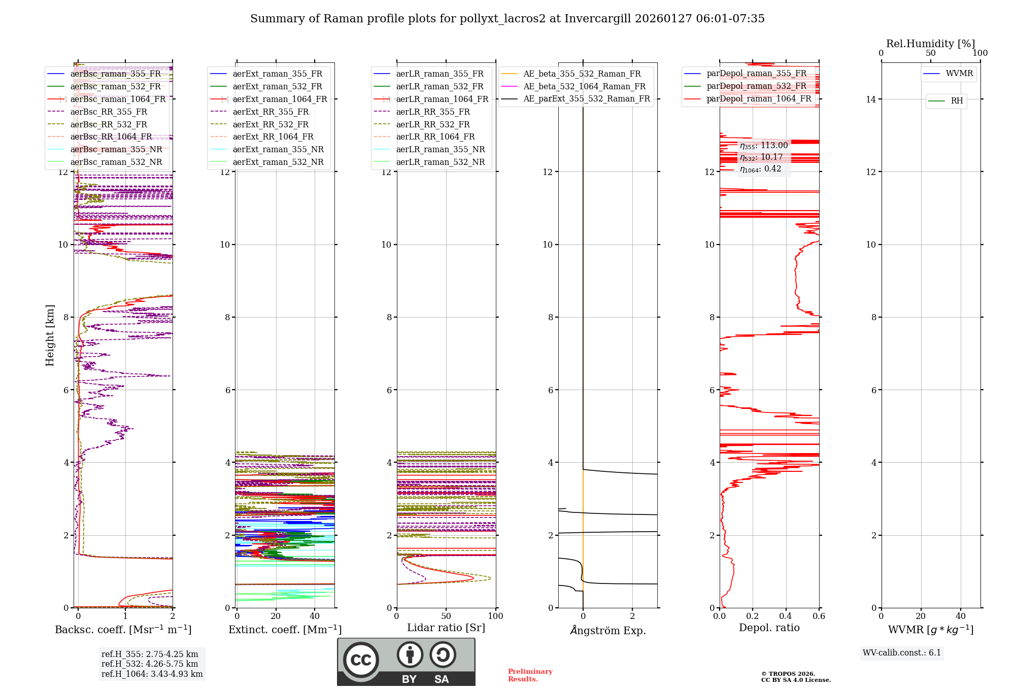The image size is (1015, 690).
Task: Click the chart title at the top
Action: click(x=507, y=19)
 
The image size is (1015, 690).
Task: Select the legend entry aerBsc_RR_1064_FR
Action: click(x=111, y=137)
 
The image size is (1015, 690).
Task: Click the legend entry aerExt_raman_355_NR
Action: click(x=278, y=150)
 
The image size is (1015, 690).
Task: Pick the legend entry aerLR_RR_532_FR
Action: click(x=432, y=125)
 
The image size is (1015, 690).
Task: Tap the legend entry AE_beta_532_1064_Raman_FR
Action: click(x=584, y=87)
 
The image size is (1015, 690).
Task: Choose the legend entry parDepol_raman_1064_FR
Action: click(x=759, y=99)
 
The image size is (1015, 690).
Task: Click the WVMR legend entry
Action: click(x=959, y=74)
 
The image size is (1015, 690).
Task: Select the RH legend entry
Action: click(x=957, y=101)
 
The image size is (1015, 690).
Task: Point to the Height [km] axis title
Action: click(x=50, y=335)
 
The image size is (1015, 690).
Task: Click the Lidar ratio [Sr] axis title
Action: click(x=446, y=628)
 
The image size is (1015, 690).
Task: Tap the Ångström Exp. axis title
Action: click(x=608, y=631)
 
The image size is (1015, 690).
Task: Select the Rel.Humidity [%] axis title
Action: click(x=930, y=44)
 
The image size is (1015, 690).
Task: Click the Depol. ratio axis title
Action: click(x=769, y=628)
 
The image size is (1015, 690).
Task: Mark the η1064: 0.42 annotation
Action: click(x=760, y=169)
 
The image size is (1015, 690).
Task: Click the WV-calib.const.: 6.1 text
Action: click(x=902, y=653)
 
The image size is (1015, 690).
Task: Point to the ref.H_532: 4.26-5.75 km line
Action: click(x=150, y=664)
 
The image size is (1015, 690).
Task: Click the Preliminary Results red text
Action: click(x=530, y=675)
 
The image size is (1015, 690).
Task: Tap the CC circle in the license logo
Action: click(x=361, y=660)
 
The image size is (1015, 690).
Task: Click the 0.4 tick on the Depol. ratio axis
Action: click(x=786, y=616)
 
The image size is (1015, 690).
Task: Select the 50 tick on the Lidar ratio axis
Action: click(x=446, y=616)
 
